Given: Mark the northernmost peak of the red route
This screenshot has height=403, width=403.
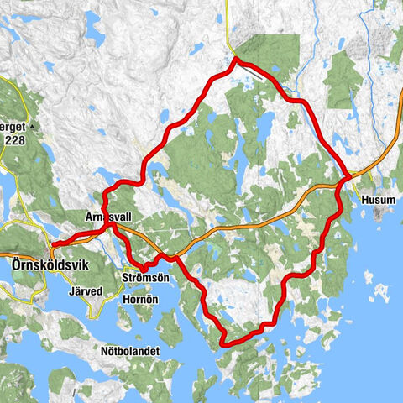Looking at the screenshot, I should click(x=236, y=59).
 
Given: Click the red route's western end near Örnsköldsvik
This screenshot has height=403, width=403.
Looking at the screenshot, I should click(x=53, y=245).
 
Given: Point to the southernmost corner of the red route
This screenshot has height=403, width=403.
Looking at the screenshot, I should click(x=223, y=343).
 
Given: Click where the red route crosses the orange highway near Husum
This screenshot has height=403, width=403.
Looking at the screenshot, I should click(x=346, y=176).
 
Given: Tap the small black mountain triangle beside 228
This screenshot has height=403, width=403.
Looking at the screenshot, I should click(x=32, y=127).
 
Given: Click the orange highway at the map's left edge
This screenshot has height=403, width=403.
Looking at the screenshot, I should click(x=4, y=253).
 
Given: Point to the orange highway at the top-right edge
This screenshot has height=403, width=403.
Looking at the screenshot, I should click(x=396, y=139).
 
